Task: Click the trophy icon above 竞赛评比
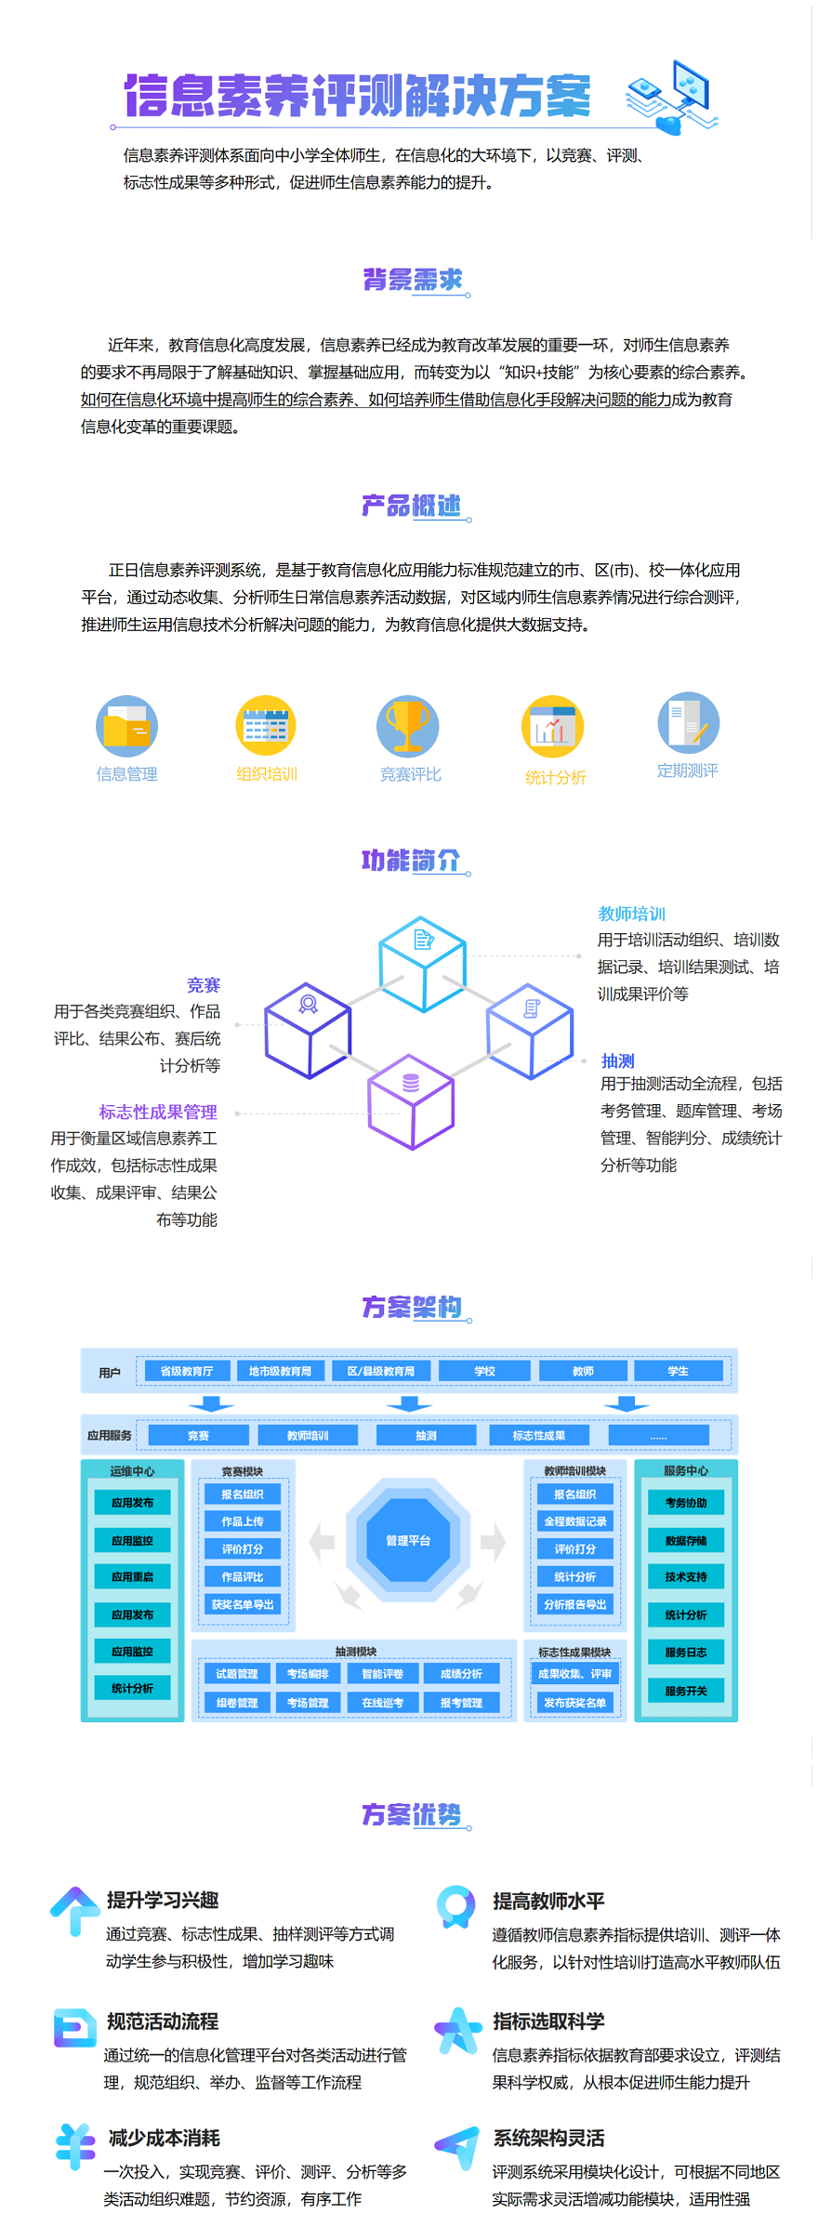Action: click(x=407, y=726)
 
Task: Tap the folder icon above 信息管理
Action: click(x=126, y=726)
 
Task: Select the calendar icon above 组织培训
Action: click(x=266, y=726)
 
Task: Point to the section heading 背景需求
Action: click(x=412, y=280)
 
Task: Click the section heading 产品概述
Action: click(x=412, y=506)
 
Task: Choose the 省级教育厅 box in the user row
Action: click(x=186, y=1371)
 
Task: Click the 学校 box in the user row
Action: click(x=484, y=1371)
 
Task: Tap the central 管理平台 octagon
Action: click(x=408, y=1541)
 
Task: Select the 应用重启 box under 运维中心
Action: click(x=132, y=1577)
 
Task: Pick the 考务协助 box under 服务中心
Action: click(x=686, y=1503)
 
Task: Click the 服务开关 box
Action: click(x=686, y=1691)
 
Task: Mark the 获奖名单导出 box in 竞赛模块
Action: click(x=243, y=1604)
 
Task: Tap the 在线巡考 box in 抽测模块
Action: click(x=382, y=1703)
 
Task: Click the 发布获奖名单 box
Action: click(x=574, y=1703)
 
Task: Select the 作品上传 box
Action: click(x=243, y=1521)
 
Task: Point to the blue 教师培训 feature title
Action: click(x=631, y=914)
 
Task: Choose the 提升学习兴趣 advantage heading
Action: click(x=163, y=1900)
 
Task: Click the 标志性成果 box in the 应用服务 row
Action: click(x=539, y=1436)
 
